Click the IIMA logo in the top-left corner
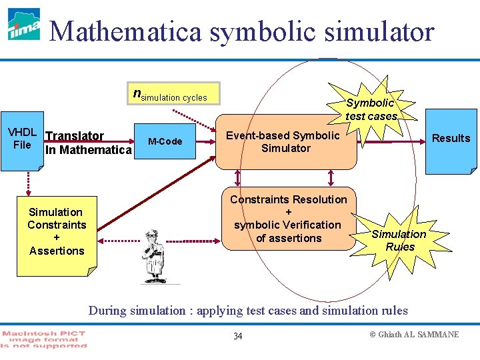23,25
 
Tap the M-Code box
165,141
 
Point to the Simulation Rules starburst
399,240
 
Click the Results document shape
451,139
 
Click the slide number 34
238,336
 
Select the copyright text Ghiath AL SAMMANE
414,334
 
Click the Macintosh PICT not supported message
44,339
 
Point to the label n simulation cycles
171,96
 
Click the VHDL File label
21,139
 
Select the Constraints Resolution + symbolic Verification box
288,219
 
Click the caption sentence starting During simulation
248,310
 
